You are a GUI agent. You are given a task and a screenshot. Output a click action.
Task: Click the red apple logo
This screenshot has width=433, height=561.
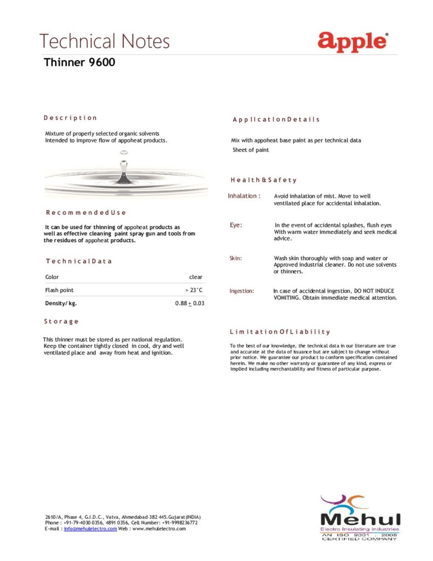click(x=353, y=41)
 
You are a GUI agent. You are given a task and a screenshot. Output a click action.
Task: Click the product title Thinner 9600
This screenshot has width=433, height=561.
click(x=79, y=62)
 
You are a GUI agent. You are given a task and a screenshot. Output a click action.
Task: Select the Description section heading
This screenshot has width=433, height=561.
click(x=70, y=118)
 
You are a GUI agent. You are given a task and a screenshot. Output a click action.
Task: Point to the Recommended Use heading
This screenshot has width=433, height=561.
click(x=86, y=213)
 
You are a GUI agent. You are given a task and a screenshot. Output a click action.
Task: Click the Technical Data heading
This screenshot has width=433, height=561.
click(x=79, y=261)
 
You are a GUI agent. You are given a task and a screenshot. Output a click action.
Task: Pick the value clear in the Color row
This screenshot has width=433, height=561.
click(x=195, y=277)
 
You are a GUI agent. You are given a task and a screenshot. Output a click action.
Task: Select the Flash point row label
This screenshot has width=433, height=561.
click(x=59, y=290)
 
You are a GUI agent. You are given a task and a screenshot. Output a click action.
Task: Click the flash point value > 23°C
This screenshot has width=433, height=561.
click(x=194, y=290)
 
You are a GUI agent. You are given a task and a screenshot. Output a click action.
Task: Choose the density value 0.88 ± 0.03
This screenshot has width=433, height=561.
click(x=189, y=303)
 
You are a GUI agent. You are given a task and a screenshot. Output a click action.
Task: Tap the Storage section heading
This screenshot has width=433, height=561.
click(x=61, y=322)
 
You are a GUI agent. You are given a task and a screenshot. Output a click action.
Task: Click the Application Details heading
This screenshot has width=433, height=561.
click(x=276, y=119)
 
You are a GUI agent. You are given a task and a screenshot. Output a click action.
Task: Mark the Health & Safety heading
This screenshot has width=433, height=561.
click(x=263, y=180)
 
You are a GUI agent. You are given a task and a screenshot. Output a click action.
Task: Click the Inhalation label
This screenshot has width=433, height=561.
click(x=244, y=196)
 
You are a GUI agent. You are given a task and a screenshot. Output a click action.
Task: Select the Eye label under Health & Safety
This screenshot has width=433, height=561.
click(x=235, y=225)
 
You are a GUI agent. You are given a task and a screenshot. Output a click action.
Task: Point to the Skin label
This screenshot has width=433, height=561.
click(x=235, y=258)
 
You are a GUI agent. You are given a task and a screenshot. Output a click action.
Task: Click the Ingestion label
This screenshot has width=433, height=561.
click(x=241, y=291)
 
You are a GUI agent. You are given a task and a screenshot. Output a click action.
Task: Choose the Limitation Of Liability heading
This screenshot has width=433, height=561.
click(x=280, y=331)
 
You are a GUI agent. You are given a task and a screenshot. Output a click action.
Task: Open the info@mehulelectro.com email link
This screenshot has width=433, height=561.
click(x=90, y=529)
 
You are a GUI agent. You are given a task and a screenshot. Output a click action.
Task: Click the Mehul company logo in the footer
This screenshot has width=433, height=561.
click(x=360, y=518)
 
